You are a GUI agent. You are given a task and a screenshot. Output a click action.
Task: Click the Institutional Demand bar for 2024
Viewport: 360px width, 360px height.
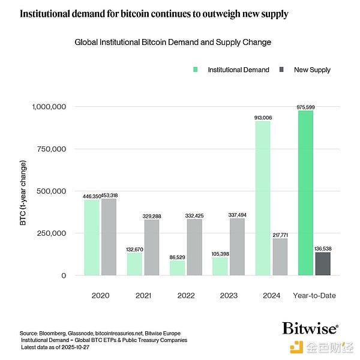[263, 198]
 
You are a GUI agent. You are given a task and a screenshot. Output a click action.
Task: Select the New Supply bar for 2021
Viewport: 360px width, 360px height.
[151, 247]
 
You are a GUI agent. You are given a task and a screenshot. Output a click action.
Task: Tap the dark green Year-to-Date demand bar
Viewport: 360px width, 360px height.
[305, 193]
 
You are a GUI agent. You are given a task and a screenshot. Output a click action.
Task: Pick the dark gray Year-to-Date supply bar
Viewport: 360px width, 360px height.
[323, 263]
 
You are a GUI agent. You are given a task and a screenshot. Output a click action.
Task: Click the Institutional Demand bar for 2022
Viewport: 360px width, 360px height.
[178, 268]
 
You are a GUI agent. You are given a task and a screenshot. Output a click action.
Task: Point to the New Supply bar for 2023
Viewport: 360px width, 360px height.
[237, 247]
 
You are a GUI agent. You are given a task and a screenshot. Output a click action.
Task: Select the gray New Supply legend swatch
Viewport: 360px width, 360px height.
[281, 70]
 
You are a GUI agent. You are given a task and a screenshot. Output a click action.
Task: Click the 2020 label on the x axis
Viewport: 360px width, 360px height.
[100, 295]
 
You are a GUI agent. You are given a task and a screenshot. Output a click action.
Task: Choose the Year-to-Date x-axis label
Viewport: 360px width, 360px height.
[314, 295]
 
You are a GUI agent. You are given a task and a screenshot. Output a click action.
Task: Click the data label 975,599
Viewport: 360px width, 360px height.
[305, 107]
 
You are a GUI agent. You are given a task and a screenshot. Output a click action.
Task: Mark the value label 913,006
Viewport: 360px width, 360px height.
[263, 118]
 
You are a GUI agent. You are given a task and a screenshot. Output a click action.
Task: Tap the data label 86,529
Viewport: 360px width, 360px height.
[178, 257]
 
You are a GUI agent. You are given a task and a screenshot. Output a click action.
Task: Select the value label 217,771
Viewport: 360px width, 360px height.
[280, 235]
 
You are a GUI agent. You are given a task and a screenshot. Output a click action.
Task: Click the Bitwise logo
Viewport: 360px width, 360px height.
[310, 328]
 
